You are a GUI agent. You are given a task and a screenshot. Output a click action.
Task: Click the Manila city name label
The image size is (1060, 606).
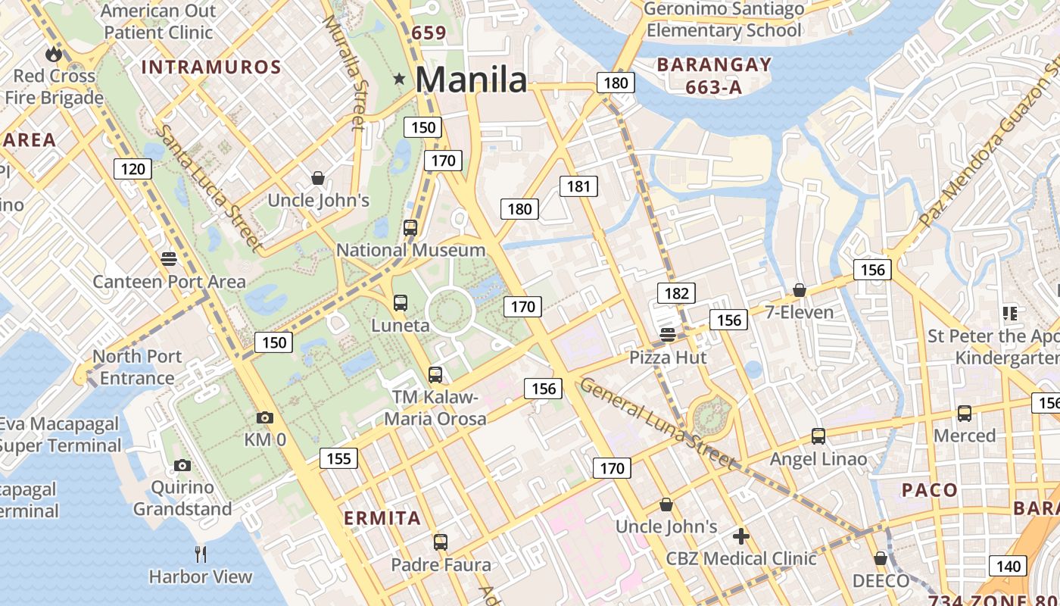(x=470, y=80)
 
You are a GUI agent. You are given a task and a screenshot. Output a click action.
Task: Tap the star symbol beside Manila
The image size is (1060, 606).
(x=399, y=79)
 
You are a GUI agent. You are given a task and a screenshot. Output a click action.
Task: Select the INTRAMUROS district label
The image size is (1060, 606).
(x=211, y=67)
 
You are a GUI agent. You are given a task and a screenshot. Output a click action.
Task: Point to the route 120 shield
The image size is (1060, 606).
(x=132, y=168)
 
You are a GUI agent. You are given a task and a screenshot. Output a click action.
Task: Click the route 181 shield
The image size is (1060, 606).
(x=578, y=186)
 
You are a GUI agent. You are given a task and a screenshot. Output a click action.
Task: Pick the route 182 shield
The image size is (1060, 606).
(x=676, y=293)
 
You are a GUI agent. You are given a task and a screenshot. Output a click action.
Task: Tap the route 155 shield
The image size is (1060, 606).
(x=338, y=458)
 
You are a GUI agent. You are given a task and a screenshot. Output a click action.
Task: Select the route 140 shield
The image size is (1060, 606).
(x=1008, y=566)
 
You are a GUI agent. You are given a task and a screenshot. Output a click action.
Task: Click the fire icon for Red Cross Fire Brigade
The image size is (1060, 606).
(x=53, y=54)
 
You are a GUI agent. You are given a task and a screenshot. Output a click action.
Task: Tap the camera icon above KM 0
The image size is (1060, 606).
(x=264, y=417)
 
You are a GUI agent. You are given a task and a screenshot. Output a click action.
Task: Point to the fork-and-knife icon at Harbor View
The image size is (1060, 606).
(x=201, y=554)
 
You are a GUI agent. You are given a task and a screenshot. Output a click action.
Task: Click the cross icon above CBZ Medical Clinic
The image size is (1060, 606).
(x=741, y=536)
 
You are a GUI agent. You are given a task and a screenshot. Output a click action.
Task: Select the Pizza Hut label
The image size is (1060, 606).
(x=668, y=358)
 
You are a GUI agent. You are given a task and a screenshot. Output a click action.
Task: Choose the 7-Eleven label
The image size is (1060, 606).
(x=799, y=312)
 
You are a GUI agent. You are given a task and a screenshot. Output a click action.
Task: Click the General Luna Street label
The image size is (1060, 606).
(x=657, y=423)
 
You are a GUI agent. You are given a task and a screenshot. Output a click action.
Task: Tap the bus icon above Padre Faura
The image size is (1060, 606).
(x=441, y=542)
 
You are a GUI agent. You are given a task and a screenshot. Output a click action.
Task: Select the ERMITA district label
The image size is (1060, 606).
(x=382, y=518)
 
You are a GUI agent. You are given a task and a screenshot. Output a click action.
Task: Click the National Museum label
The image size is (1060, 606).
(x=410, y=250)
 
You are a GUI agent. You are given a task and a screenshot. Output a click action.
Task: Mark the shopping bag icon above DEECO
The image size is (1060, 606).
(x=880, y=558)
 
